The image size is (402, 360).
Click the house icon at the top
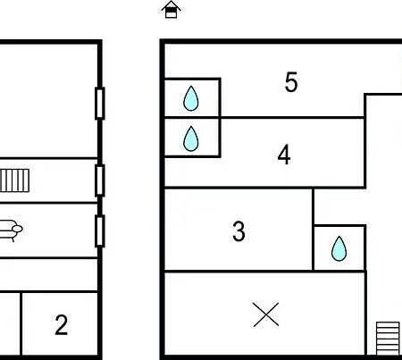171,10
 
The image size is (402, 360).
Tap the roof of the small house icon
171,4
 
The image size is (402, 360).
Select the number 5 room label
291,82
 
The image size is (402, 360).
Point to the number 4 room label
284,155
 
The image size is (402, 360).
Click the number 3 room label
239,231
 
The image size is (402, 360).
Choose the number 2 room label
62,325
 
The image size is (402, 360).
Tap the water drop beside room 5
191,98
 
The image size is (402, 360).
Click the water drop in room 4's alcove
191,138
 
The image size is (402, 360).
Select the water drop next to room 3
339,248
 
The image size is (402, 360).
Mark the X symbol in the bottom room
266,314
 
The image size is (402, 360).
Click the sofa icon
11,230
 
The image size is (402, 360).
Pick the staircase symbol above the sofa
14,180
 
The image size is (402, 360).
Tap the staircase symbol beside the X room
388,339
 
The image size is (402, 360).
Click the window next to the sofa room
100,231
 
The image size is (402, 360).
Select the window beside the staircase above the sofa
100,180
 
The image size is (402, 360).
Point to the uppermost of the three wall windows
100,104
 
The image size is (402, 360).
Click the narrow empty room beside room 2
10,323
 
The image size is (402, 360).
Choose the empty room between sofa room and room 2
48,274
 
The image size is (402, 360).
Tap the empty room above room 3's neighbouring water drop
339,206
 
